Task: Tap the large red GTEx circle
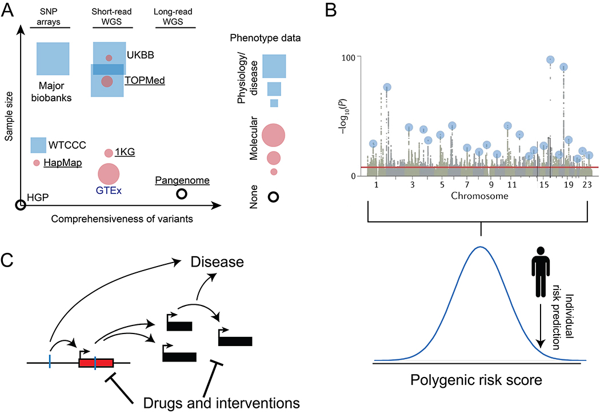coord(109,174)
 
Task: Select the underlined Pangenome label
coord(182,181)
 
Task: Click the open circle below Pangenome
coord(182,194)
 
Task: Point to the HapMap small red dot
coord(37,163)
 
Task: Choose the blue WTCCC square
coord(38,145)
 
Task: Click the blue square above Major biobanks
coord(53,58)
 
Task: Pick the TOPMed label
coord(145,81)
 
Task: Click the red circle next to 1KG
coord(109,153)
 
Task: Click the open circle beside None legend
coord(274,197)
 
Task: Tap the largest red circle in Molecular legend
coord(273,135)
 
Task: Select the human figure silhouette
coord(539,277)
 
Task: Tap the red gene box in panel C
coord(96,362)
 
